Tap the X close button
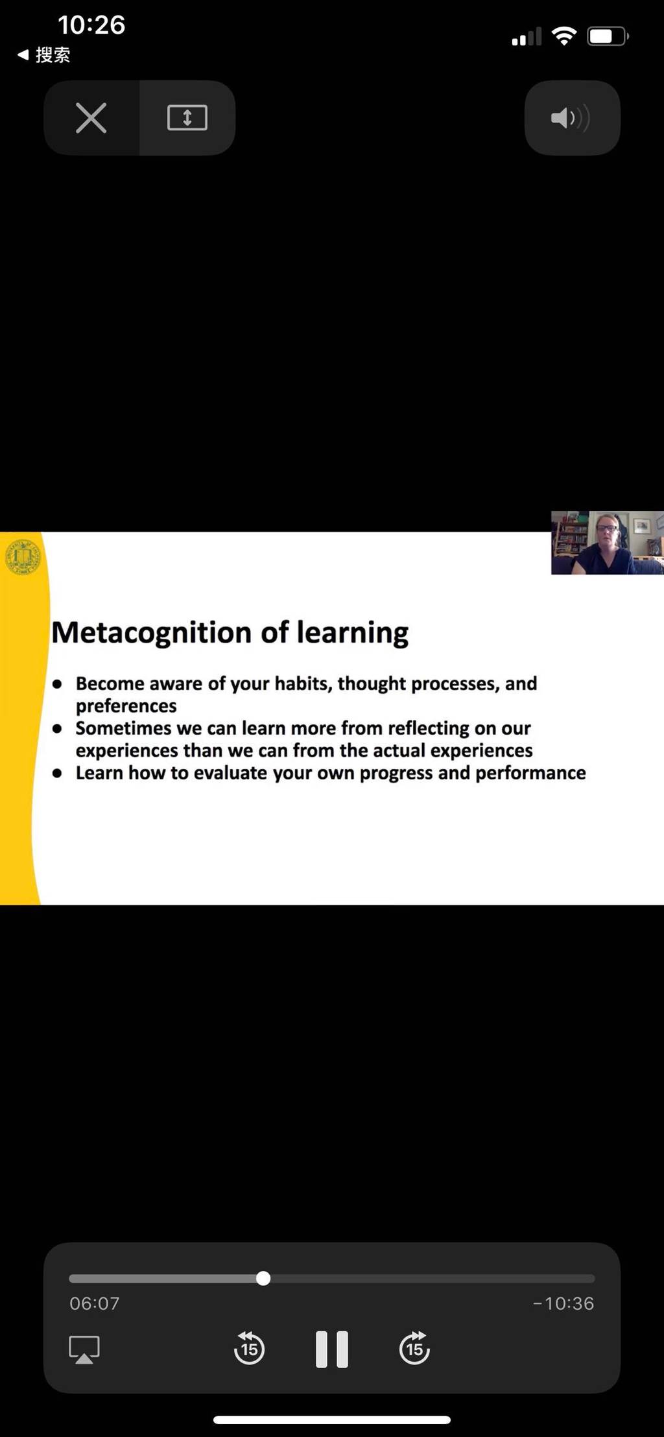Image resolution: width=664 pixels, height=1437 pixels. coord(91,118)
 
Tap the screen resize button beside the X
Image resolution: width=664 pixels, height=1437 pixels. coord(187,118)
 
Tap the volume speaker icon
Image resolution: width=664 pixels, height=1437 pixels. coord(571,118)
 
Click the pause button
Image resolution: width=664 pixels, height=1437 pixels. coord(332,1349)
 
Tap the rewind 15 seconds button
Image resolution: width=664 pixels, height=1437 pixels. coord(249,1348)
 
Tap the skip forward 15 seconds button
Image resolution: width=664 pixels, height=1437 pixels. coord(415,1348)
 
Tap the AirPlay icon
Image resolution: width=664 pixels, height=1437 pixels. coord(84,1349)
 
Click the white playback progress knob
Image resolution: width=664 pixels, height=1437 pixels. coord(263,1278)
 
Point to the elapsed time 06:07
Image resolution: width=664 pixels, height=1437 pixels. coord(95,1303)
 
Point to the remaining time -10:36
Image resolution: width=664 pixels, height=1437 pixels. coord(563,1303)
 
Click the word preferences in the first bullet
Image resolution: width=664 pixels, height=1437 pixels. coord(126,706)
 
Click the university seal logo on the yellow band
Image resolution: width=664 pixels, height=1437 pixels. coord(23,557)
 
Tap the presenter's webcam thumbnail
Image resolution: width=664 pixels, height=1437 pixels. coord(608,543)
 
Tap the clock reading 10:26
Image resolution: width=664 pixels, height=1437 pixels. coord(91,25)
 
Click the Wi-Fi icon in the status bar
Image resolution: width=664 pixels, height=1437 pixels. coord(564,36)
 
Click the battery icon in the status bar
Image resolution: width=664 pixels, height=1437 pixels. coord(608,36)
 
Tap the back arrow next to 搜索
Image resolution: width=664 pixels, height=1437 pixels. coord(23,55)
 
